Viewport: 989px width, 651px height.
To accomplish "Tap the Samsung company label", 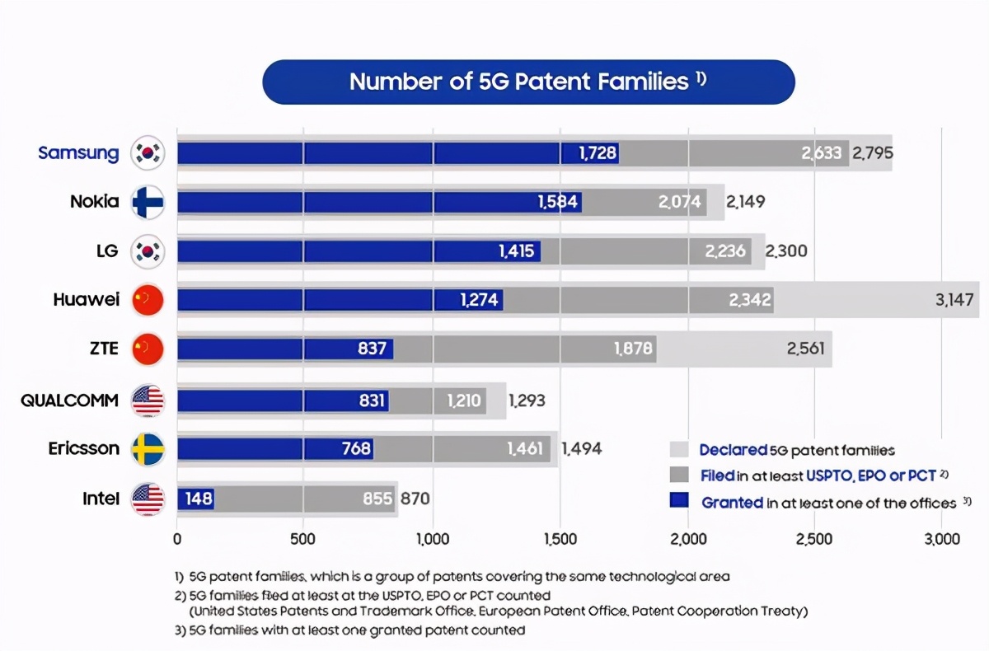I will click(78, 152).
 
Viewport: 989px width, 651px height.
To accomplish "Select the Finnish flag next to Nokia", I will click(148, 202).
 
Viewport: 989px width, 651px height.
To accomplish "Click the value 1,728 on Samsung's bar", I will click(598, 152).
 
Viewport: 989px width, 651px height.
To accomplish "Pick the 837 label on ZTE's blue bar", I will click(373, 349).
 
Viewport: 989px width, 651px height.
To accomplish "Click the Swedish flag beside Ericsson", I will click(148, 449).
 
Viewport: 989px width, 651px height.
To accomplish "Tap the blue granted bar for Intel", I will click(195, 499).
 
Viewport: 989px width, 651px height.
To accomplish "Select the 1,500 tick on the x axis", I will click(560, 540).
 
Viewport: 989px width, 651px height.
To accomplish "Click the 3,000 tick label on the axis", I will click(943, 540).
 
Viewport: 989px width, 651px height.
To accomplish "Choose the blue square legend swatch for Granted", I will click(679, 501).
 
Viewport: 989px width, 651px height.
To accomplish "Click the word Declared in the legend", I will click(732, 450).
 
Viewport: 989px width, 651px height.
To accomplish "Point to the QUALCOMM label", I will click(69, 401).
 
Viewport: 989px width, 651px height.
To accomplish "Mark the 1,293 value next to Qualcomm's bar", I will click(527, 401).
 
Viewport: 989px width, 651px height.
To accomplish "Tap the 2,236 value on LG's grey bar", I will click(726, 251).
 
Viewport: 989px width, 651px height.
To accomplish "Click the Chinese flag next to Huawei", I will click(148, 301).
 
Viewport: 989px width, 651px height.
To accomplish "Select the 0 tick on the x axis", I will click(177, 540).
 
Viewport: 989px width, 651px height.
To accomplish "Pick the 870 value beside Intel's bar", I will click(415, 499).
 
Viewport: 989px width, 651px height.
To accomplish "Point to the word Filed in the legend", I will click(717, 475).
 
